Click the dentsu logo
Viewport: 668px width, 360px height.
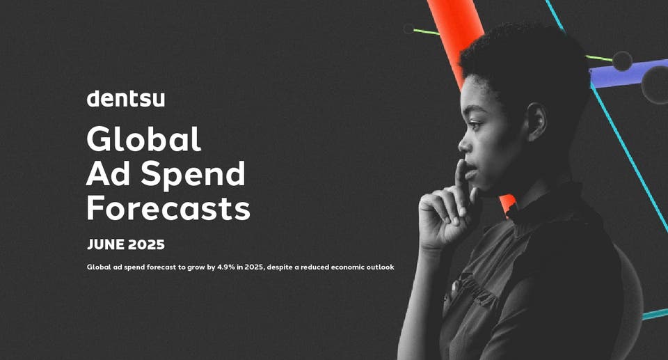[126, 99]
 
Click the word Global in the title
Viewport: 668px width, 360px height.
[143, 139]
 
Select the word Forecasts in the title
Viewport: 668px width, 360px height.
[168, 208]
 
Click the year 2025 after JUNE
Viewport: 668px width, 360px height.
[148, 245]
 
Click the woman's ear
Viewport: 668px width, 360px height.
[536, 122]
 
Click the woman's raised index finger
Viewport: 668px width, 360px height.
[460, 178]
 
